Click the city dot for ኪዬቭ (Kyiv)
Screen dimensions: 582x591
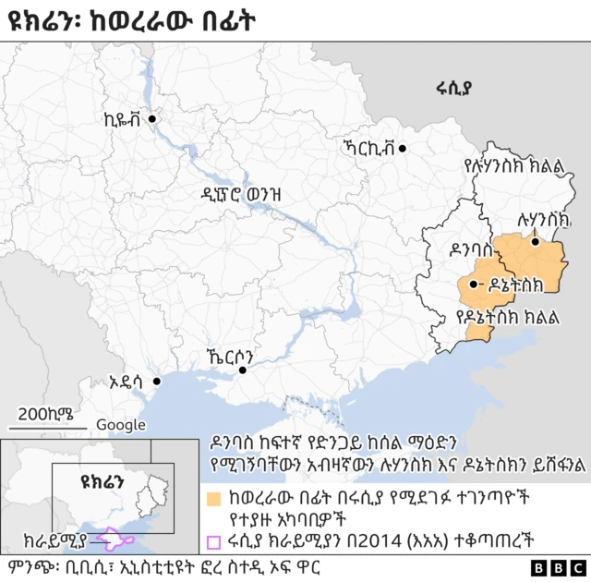tap(152, 119)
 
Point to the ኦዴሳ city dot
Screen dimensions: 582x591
tap(157, 381)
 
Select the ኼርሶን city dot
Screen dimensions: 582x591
tap(243, 370)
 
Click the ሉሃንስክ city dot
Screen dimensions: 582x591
tap(535, 242)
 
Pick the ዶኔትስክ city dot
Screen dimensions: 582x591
tap(474, 285)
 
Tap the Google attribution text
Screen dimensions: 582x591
tap(121, 425)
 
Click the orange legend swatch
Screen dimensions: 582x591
tap(213, 500)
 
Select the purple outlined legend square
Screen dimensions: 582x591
tap(213, 542)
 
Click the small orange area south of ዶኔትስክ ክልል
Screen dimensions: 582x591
tap(477, 333)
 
